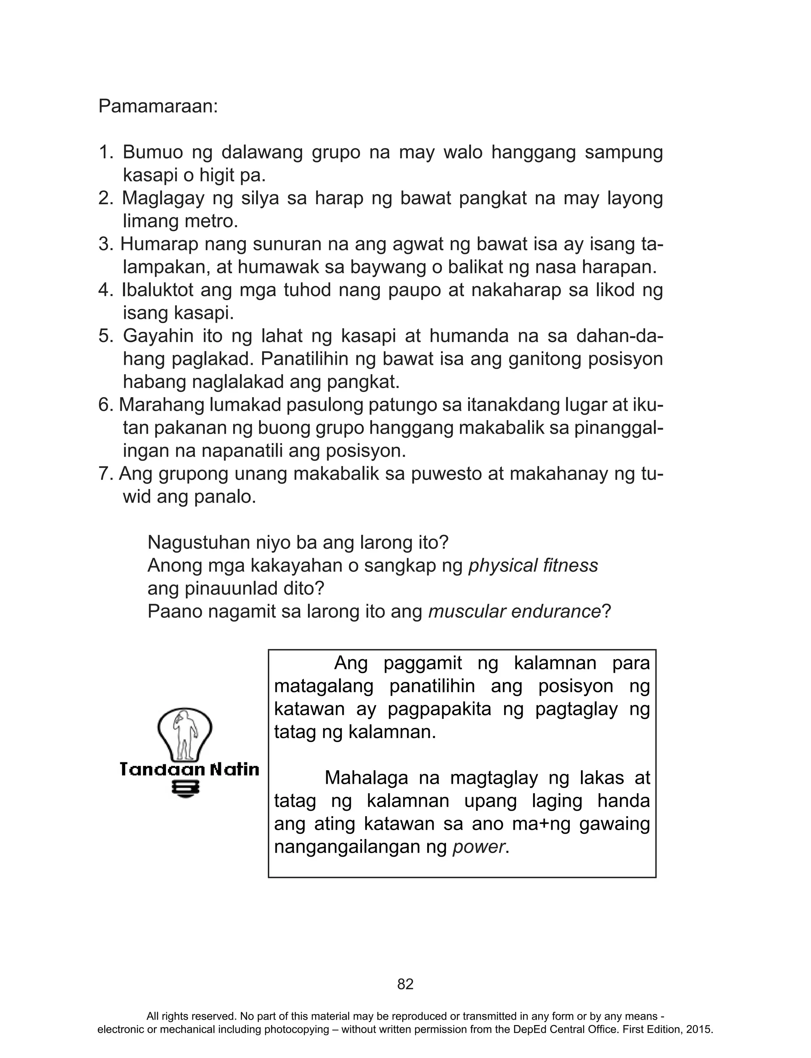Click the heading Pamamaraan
pyautogui.click(x=158, y=106)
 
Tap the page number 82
pyautogui.click(x=405, y=984)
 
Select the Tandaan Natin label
pyautogui.click(x=189, y=769)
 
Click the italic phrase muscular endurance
pyautogui.click(x=514, y=612)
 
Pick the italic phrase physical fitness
pyautogui.click(x=533, y=565)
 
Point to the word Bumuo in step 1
pyautogui.click(x=153, y=152)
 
